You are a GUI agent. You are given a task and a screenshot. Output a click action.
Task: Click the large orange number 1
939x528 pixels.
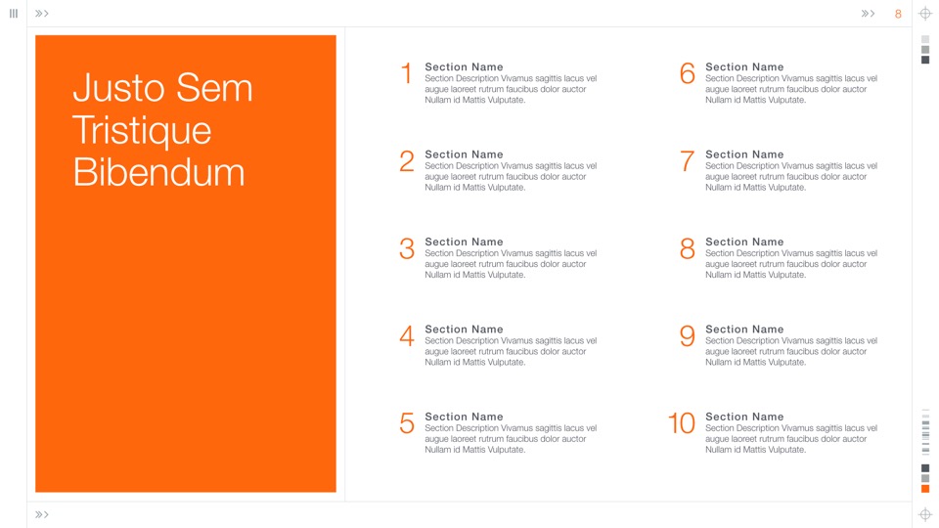coord(407,73)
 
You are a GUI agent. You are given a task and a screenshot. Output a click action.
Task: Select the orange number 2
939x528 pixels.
coord(407,161)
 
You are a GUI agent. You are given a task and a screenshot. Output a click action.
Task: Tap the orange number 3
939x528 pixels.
coord(407,248)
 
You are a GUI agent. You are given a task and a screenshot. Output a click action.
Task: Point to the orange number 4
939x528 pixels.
coord(407,335)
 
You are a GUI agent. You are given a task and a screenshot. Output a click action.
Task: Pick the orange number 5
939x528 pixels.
coord(407,423)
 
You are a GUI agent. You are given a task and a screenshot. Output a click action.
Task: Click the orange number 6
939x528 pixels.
coord(688,73)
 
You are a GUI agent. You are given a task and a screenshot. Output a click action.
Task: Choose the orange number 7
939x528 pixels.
coord(688,161)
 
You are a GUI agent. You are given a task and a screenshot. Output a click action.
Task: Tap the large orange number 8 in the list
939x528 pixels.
coord(688,248)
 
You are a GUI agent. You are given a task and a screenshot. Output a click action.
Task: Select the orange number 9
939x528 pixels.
coord(688,335)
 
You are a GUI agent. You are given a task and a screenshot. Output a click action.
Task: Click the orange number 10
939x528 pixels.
coord(682,423)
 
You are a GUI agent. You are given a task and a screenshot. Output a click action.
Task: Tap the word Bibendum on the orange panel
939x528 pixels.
coord(158,172)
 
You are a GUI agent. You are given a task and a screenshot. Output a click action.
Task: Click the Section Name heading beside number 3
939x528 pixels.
coord(464,242)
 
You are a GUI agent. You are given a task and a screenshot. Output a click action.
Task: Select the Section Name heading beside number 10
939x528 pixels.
coord(744,417)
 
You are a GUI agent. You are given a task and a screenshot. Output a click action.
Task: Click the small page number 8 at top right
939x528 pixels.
coord(898,14)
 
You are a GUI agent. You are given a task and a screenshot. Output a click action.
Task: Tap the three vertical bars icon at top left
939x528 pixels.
coord(14,13)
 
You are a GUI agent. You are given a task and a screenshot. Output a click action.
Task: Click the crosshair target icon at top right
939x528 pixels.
coord(925,14)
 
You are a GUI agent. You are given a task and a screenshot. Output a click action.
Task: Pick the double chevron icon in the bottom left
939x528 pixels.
coord(41,514)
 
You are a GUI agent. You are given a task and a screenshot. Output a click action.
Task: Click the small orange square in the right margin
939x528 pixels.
coord(925,489)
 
